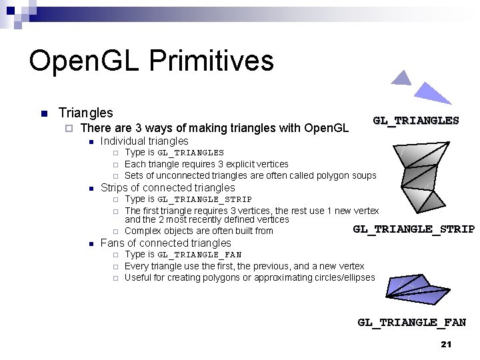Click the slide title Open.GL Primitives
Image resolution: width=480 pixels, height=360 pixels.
[151, 61]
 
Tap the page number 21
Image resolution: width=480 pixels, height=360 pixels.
[446, 344]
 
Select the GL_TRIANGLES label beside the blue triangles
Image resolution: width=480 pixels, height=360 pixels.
[415, 121]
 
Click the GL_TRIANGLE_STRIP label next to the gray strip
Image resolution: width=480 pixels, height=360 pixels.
[413, 229]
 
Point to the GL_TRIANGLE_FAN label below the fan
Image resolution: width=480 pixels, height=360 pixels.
[411, 323]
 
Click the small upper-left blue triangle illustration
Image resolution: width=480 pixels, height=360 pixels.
[401, 79]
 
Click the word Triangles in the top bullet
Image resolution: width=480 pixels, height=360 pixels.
[86, 113]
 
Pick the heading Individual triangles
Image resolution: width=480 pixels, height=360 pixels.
[144, 141]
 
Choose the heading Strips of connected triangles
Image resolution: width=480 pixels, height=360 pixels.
[167, 187]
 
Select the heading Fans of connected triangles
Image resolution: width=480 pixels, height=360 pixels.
[165, 243]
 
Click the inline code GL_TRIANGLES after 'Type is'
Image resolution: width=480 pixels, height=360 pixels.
[191, 153]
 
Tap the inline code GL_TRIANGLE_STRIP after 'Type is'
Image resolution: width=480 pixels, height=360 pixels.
[205, 199]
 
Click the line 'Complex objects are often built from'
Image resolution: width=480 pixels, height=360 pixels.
[199, 231]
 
